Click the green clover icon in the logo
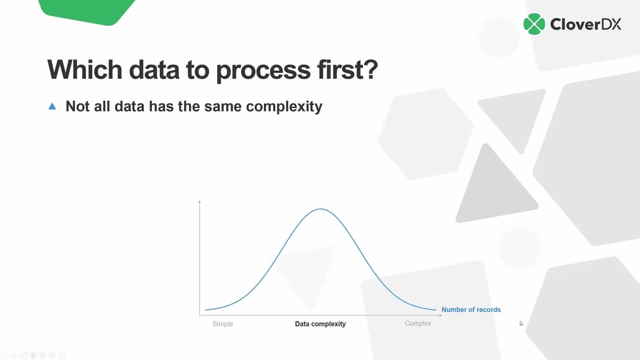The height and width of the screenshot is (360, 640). click(534, 24)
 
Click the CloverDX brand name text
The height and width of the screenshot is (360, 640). click(585, 24)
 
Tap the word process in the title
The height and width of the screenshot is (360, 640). click(263, 71)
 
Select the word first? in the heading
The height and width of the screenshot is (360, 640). click(348, 70)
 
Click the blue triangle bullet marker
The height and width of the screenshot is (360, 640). click(52, 107)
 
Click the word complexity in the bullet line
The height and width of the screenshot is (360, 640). click(284, 107)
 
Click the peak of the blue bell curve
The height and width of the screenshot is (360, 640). click(321, 209)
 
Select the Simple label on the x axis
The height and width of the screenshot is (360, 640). click(223, 324)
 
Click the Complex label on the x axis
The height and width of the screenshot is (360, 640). click(418, 323)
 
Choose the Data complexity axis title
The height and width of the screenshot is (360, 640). click(321, 324)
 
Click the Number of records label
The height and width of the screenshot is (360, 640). click(471, 309)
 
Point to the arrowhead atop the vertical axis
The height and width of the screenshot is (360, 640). click(200, 202)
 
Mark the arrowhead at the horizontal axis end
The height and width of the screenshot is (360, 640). click(439, 315)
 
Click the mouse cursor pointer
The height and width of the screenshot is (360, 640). click(521, 323)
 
